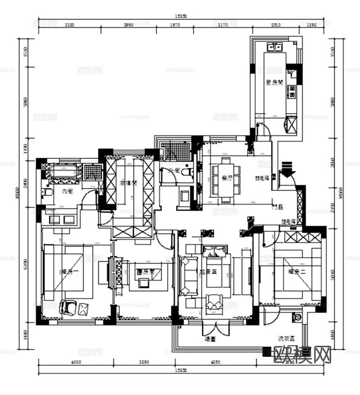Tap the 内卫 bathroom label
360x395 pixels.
67,191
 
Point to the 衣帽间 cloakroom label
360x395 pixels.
128,183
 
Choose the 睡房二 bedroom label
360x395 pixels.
297,272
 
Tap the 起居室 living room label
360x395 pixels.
208,272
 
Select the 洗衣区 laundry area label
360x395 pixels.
286,339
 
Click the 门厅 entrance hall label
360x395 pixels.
278,207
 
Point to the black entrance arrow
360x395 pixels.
287,169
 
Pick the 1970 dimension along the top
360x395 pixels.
174,25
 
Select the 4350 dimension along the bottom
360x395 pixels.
215,362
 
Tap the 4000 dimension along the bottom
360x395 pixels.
76,362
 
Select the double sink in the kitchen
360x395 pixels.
274,46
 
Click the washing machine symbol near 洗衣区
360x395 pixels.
298,317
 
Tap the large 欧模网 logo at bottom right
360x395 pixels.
302,354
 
